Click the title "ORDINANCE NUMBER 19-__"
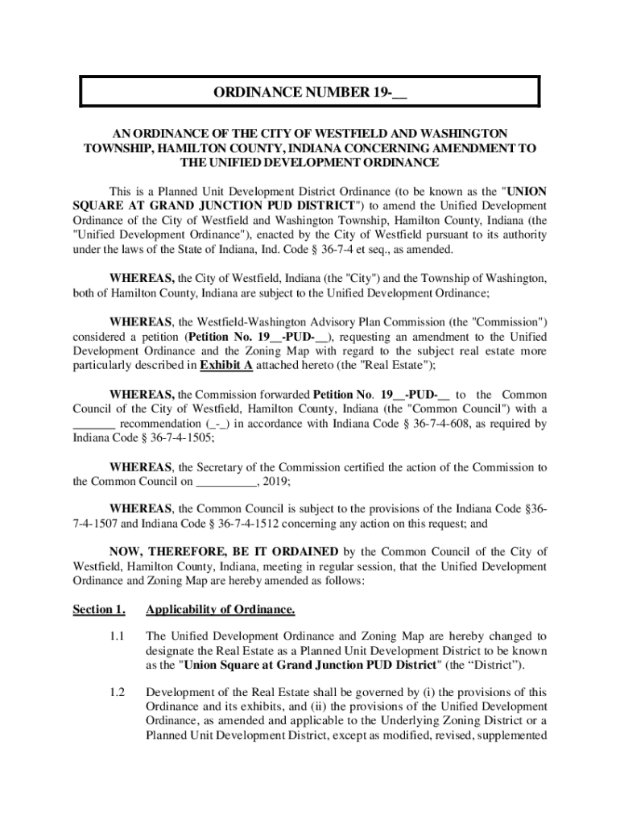310,92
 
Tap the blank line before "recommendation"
95,424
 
